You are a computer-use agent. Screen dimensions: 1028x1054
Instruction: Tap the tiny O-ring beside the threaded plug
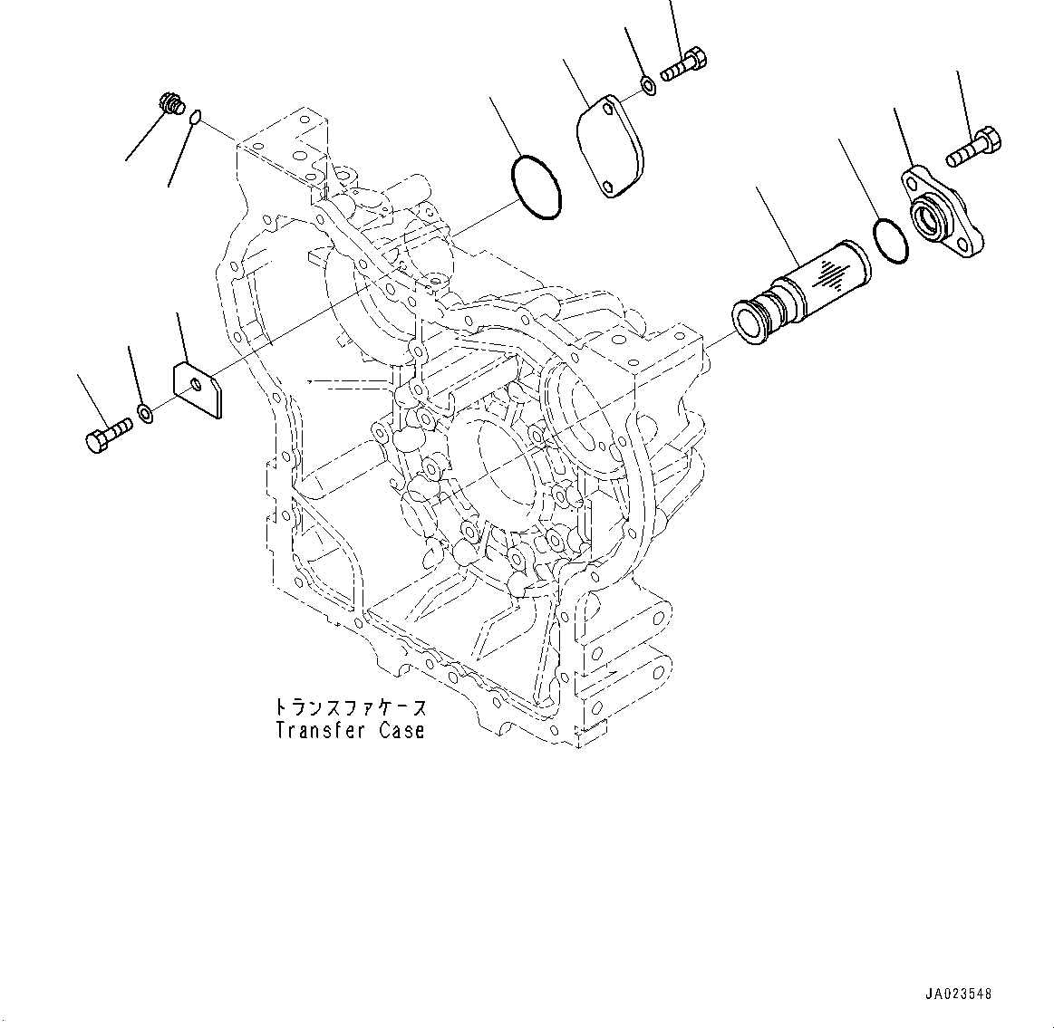(x=197, y=115)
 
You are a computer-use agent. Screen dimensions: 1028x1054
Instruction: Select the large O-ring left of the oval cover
(x=537, y=187)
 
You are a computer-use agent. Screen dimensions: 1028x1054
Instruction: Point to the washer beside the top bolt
(x=649, y=86)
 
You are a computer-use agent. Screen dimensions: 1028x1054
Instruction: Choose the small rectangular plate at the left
(x=198, y=389)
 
